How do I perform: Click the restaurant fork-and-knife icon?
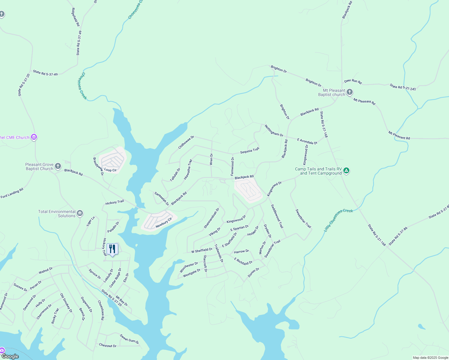click(x=112, y=249)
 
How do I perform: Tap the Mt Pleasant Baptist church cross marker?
click(x=350, y=92)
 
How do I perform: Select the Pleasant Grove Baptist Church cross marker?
click(x=58, y=166)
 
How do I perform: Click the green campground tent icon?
click(x=346, y=171)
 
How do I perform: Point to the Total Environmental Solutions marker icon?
click(x=80, y=213)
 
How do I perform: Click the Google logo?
click(x=10, y=356)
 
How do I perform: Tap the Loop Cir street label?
click(x=110, y=170)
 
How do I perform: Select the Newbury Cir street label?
click(x=164, y=223)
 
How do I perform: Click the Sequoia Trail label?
click(x=250, y=151)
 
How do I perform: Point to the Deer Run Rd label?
click(x=353, y=81)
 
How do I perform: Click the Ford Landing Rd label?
click(x=12, y=193)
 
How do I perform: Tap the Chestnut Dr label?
click(x=108, y=346)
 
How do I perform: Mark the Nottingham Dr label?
click(x=274, y=131)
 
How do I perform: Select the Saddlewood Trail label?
click(x=277, y=216)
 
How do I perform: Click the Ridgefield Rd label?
click(x=75, y=17)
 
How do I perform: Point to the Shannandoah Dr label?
click(x=212, y=218)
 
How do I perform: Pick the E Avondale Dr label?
click(x=307, y=141)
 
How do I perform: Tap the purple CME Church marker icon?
click(x=34, y=137)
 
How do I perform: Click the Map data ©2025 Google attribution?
click(x=430, y=358)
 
